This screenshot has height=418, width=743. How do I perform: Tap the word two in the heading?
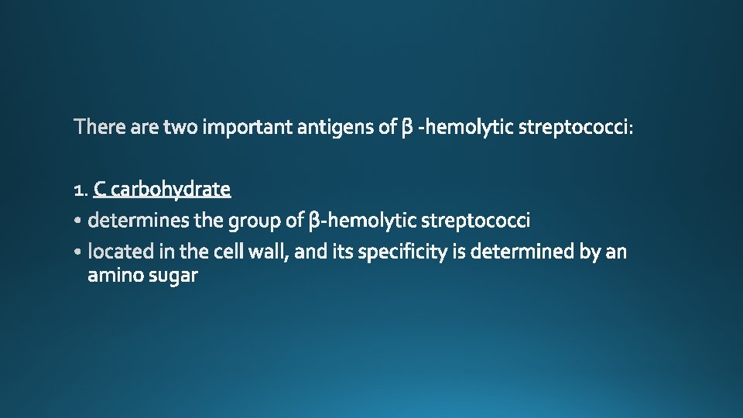[181, 127]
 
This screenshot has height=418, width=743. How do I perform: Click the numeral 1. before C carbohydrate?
[80, 190]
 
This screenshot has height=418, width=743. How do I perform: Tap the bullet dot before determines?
[80, 222]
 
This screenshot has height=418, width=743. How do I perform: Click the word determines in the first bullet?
[139, 221]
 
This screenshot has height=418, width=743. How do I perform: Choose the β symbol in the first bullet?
[313, 222]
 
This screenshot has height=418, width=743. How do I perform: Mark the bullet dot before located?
[80, 253]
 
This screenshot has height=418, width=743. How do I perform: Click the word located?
[117, 252]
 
